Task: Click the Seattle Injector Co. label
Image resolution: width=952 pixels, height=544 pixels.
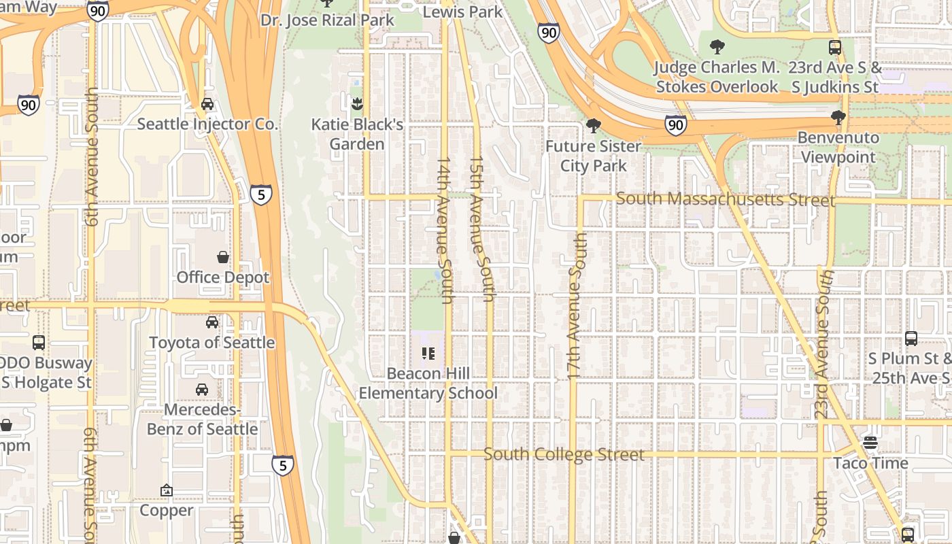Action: click(x=207, y=124)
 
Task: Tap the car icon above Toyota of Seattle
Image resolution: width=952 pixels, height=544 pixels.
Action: click(x=212, y=322)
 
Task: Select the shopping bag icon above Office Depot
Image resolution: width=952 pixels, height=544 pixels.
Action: click(x=222, y=257)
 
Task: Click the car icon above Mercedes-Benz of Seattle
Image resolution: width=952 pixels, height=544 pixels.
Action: click(x=202, y=390)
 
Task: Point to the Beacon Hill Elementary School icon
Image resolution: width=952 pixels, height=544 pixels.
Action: click(x=428, y=353)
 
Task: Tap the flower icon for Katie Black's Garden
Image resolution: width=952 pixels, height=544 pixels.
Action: click(x=356, y=104)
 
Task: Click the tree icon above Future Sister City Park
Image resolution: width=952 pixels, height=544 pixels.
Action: click(x=593, y=126)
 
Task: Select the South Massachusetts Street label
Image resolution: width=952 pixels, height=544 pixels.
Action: click(x=726, y=199)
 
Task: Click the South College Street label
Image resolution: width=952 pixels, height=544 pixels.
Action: click(x=564, y=454)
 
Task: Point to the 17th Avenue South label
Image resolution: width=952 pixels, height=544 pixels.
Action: click(x=575, y=306)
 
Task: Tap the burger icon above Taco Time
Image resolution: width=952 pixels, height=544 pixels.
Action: click(x=870, y=443)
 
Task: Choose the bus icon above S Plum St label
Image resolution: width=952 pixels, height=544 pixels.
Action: click(x=911, y=338)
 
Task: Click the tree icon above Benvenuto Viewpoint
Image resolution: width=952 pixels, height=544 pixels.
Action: click(x=838, y=118)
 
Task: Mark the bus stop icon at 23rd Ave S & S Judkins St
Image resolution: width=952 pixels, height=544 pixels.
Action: click(x=835, y=48)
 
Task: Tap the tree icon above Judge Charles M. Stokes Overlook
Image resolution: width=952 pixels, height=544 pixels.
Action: click(x=717, y=47)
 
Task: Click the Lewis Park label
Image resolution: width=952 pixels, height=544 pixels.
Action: click(x=463, y=12)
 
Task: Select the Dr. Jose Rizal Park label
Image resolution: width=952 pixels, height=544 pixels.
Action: click(x=327, y=20)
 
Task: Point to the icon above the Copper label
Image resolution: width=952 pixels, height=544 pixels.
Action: click(x=167, y=490)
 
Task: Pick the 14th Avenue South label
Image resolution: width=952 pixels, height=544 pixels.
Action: click(x=445, y=231)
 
